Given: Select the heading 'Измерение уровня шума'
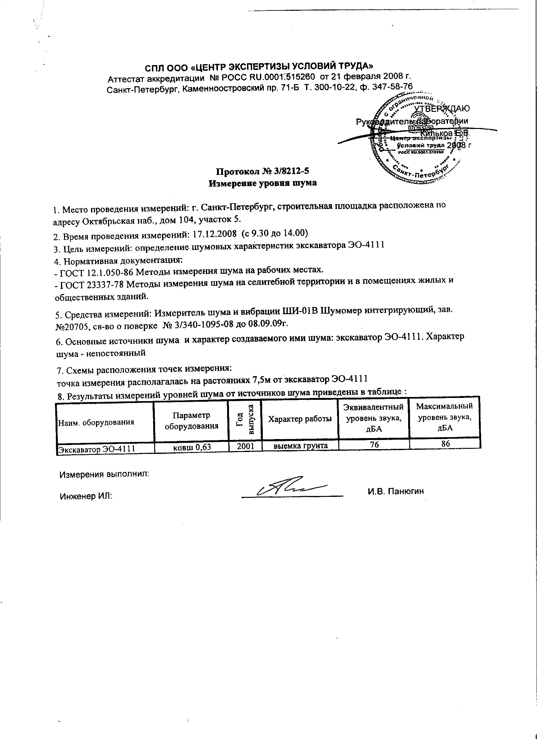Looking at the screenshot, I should click(x=262, y=183).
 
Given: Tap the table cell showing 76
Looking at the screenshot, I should click(x=374, y=444).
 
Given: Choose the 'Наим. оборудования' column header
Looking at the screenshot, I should click(x=96, y=423).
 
